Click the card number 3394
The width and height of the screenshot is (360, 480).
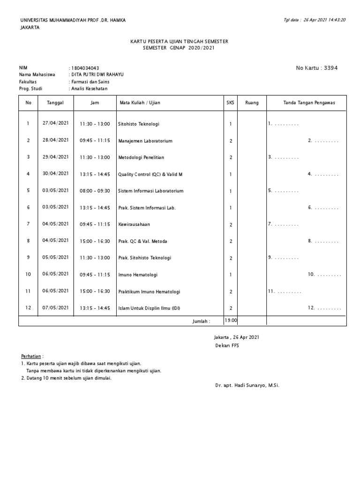click(x=329, y=68)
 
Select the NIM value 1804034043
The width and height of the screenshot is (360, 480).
click(x=85, y=68)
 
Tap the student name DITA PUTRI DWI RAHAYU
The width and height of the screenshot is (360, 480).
click(x=97, y=75)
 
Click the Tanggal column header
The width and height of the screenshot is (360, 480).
click(x=55, y=103)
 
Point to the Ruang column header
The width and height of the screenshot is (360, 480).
click(x=252, y=103)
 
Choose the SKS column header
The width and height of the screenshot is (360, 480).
click(x=230, y=103)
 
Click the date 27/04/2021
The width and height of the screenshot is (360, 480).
click(x=55, y=123)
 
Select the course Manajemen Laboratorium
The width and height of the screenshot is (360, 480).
click(x=145, y=141)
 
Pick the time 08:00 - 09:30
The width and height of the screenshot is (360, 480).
click(x=95, y=191)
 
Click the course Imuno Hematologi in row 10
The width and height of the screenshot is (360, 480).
click(x=138, y=275)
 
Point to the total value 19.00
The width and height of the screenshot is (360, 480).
click(x=231, y=320)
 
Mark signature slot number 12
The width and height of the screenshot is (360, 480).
click(x=323, y=308)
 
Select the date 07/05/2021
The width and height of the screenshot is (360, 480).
click(x=55, y=307)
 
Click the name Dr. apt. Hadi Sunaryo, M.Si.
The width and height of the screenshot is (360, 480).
click(x=247, y=385)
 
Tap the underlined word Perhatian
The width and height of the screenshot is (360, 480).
click(x=31, y=356)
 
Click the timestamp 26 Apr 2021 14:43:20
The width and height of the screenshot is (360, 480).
click(x=324, y=20)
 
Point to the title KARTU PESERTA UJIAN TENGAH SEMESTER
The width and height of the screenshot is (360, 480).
click(x=179, y=42)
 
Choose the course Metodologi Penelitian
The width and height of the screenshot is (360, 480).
click(x=141, y=157)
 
